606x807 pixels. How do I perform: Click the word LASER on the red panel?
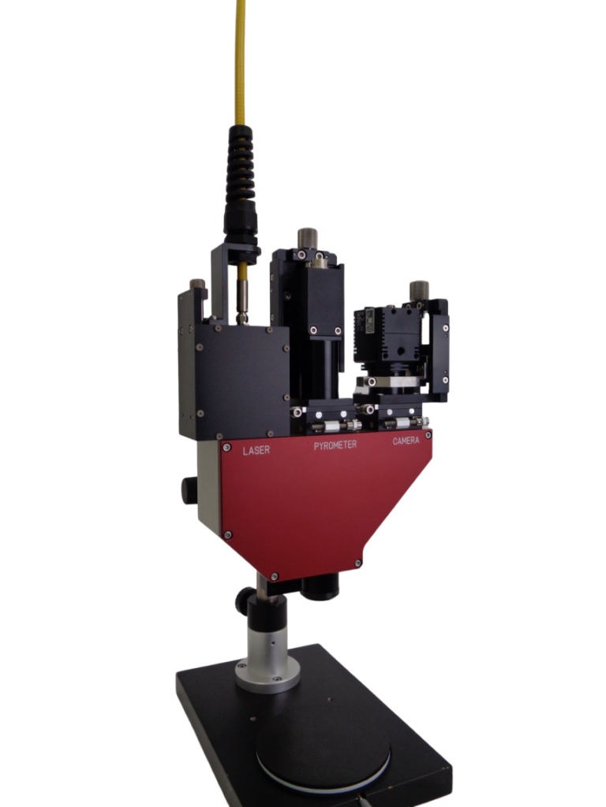[x=256, y=450]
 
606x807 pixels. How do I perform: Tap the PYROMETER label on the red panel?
[x=335, y=445]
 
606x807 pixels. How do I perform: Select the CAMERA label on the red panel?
[x=406, y=441]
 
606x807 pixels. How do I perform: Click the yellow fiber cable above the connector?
[x=241, y=61]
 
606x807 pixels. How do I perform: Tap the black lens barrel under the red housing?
[x=320, y=586]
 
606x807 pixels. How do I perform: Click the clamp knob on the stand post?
[x=245, y=600]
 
